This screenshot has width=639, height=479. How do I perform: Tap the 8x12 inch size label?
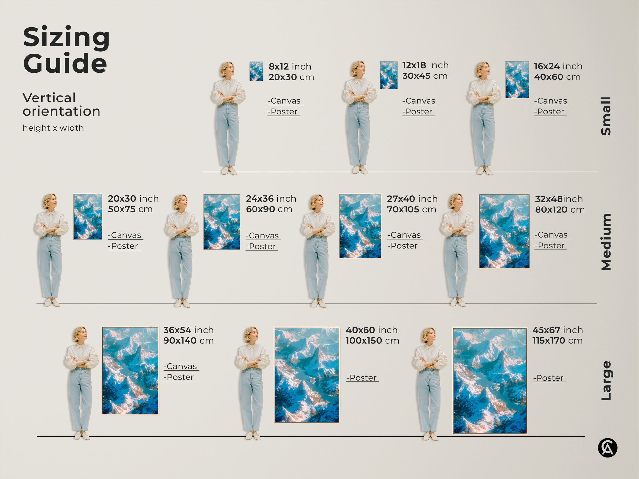(x=290, y=66)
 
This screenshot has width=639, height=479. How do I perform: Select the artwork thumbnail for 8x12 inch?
(x=256, y=71)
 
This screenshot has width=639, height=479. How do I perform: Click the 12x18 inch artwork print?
(x=388, y=75)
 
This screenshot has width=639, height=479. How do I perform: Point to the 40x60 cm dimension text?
(x=557, y=77)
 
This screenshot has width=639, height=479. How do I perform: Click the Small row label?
(x=606, y=116)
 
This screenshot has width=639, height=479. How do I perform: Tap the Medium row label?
(x=606, y=242)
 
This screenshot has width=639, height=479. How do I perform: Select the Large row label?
(x=606, y=381)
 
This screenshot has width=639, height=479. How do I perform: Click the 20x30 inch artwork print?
(x=87, y=217)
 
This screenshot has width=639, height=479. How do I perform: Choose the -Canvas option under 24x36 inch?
(x=263, y=236)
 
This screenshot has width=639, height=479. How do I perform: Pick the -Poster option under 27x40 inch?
(x=404, y=246)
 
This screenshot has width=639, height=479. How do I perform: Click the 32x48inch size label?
(x=559, y=199)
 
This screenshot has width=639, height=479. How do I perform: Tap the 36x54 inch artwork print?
(x=130, y=370)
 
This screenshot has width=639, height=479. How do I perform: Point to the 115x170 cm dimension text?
(x=557, y=341)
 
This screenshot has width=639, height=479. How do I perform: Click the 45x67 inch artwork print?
(x=490, y=381)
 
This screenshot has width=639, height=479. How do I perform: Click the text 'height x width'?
(x=53, y=128)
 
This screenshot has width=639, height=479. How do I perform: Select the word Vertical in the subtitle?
(x=49, y=98)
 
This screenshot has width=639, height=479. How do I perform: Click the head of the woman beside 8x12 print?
(x=227, y=70)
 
